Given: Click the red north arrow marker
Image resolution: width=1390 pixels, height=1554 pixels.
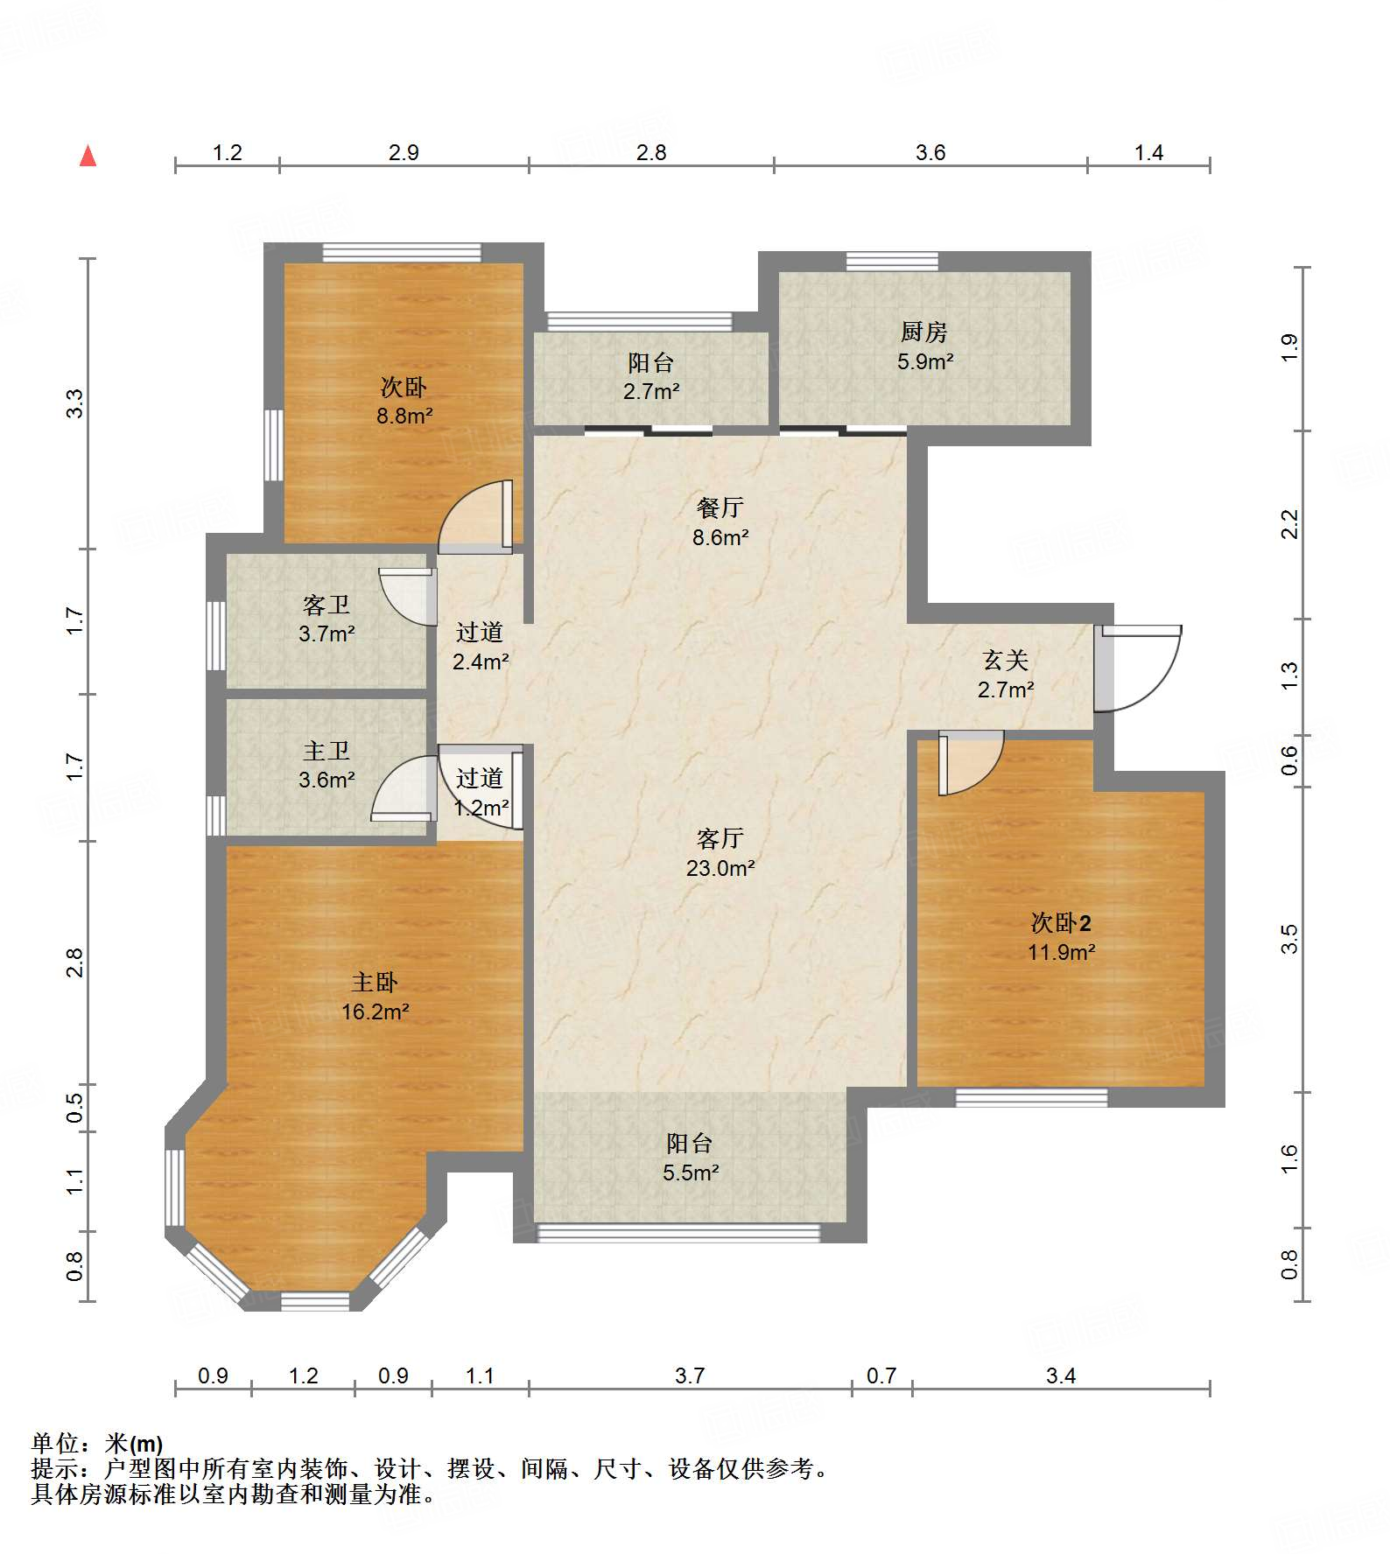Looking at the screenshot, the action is coord(88,156).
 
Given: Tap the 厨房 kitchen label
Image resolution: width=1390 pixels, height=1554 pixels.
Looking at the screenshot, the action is coord(923,332).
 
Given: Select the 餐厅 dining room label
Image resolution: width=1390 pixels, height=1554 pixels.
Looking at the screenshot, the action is coord(720,507).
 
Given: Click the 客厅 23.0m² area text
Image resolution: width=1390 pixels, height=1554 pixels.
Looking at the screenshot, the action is coord(720,868).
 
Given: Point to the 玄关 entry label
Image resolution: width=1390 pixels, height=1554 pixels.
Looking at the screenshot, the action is coord(1005,660).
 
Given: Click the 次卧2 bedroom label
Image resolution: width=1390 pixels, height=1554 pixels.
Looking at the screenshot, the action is coord(1061,922).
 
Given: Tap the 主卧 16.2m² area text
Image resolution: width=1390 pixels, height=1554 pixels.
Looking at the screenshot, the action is coord(375,1012).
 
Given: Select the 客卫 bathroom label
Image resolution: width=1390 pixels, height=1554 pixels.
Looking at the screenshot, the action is coord(326,605).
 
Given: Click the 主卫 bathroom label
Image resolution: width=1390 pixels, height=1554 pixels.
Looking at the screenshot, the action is coord(326,751).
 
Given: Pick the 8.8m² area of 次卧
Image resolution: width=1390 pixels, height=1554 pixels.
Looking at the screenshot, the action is coord(404,416).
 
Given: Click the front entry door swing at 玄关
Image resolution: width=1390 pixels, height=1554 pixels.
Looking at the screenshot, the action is coord(1138,668).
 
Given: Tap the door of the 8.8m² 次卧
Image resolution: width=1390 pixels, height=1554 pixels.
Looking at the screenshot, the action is coord(475,517).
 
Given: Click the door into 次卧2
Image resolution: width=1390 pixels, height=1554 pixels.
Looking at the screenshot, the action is coord(971,764).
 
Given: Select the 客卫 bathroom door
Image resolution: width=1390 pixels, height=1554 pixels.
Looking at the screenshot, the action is coord(408,597).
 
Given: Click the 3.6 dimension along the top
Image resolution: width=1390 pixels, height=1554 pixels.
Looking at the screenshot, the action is coord(930,153).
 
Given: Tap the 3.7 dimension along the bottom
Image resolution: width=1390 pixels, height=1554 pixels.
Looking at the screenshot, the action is coord(690,1376).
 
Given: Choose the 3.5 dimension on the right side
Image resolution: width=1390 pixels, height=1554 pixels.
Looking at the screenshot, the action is coord(1289,939).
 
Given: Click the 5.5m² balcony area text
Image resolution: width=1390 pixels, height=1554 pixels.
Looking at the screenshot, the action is coord(691,1172).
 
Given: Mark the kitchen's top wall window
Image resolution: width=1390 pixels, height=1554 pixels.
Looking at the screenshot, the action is coord(892,261).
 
